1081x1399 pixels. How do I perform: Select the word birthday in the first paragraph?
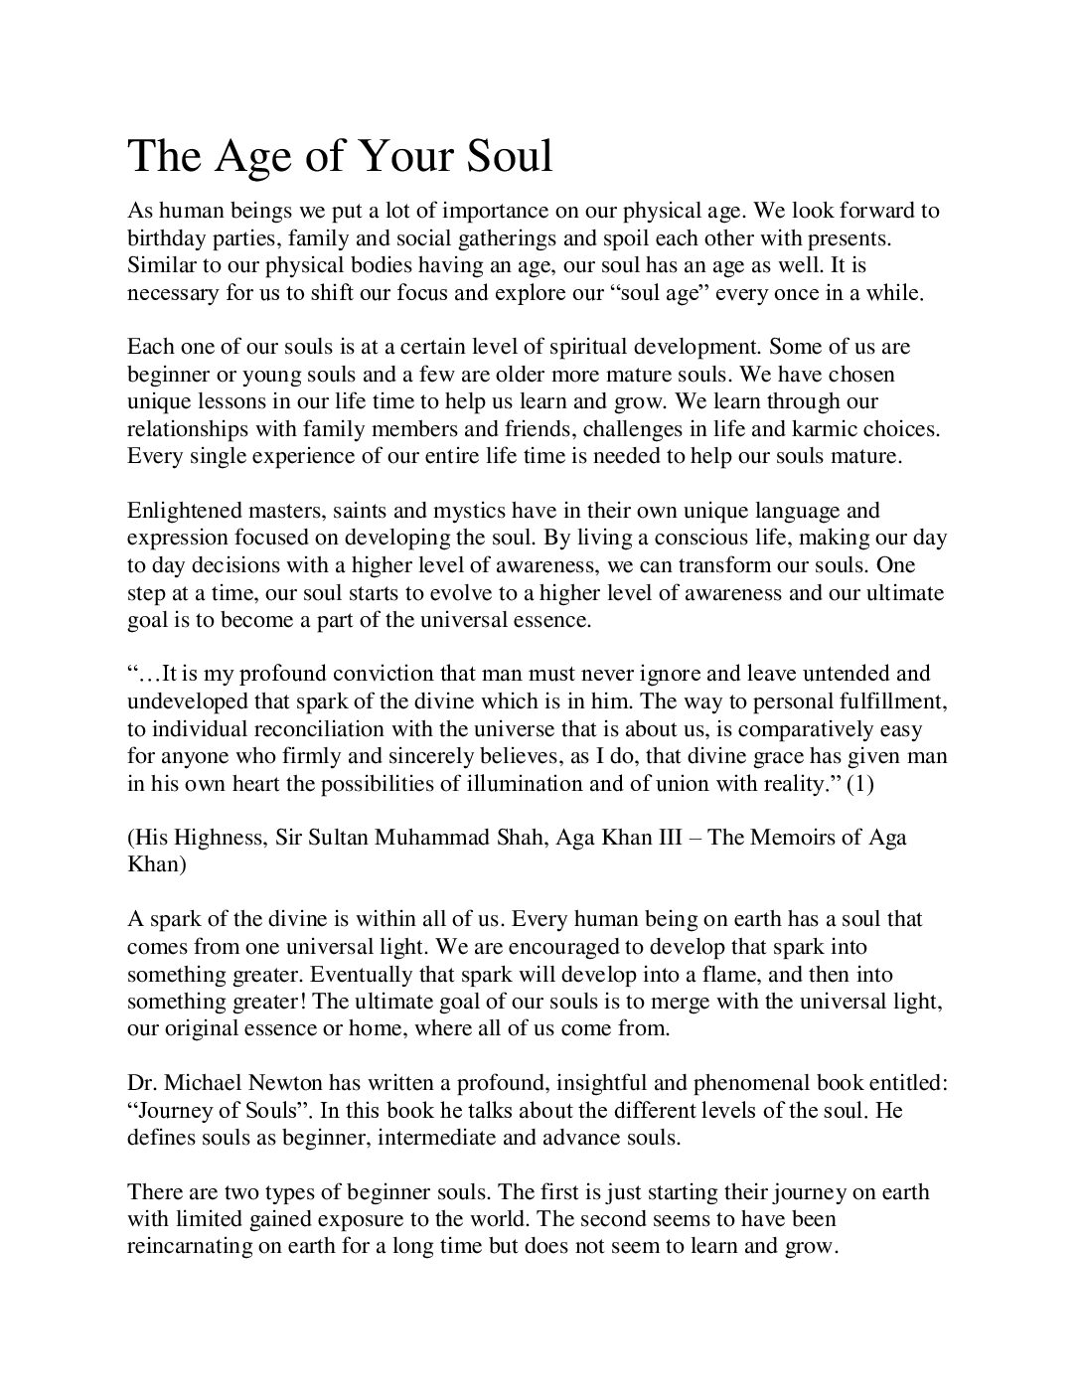(164, 238)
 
